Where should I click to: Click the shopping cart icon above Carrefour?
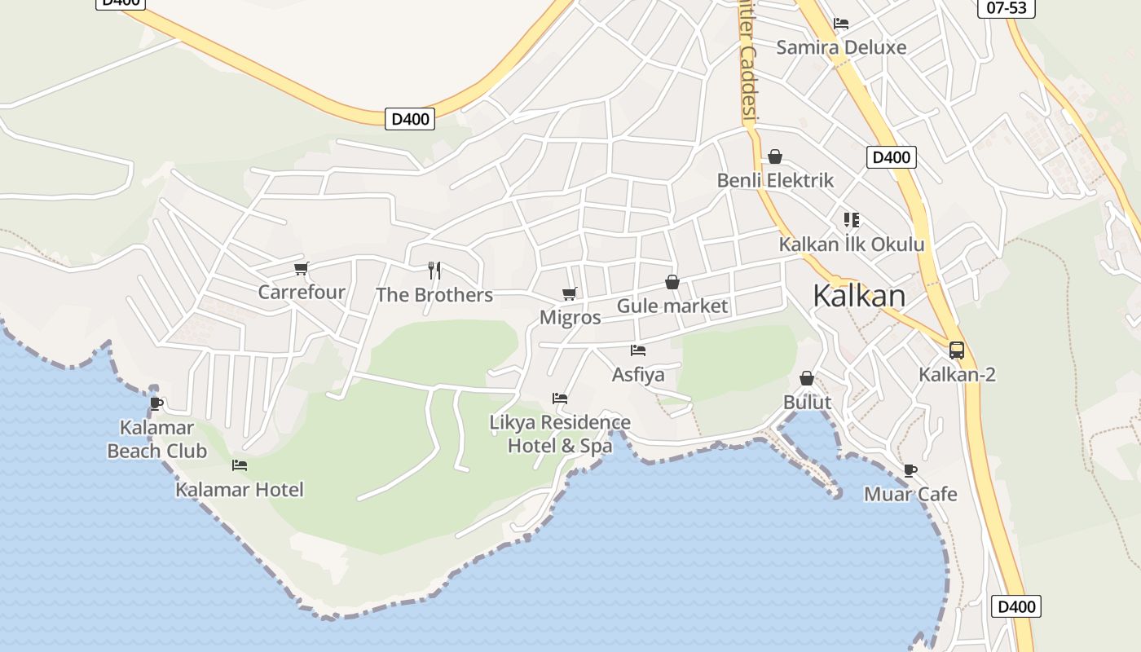tap(302, 268)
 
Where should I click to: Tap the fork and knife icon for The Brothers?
tap(434, 271)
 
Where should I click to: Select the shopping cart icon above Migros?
tap(569, 293)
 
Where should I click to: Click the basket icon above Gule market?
tap(672, 282)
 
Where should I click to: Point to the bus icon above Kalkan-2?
tap(957, 350)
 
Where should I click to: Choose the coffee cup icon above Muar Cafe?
tap(910, 470)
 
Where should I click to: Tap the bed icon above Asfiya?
tap(638, 350)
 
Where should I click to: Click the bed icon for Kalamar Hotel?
tap(240, 465)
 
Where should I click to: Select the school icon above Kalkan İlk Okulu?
tap(852, 219)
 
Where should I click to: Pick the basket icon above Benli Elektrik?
tap(775, 156)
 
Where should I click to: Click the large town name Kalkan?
tap(859, 296)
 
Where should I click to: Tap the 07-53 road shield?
tap(1006, 7)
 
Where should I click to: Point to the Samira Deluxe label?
tap(841, 47)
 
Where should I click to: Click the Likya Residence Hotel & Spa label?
tap(560, 434)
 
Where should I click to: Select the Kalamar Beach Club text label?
tap(157, 439)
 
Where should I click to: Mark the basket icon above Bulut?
tap(807, 378)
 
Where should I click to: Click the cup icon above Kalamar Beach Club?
tap(156, 403)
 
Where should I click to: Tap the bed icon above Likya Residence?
tap(560, 399)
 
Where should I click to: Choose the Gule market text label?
tap(672, 306)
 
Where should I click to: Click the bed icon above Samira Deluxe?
tap(841, 23)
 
